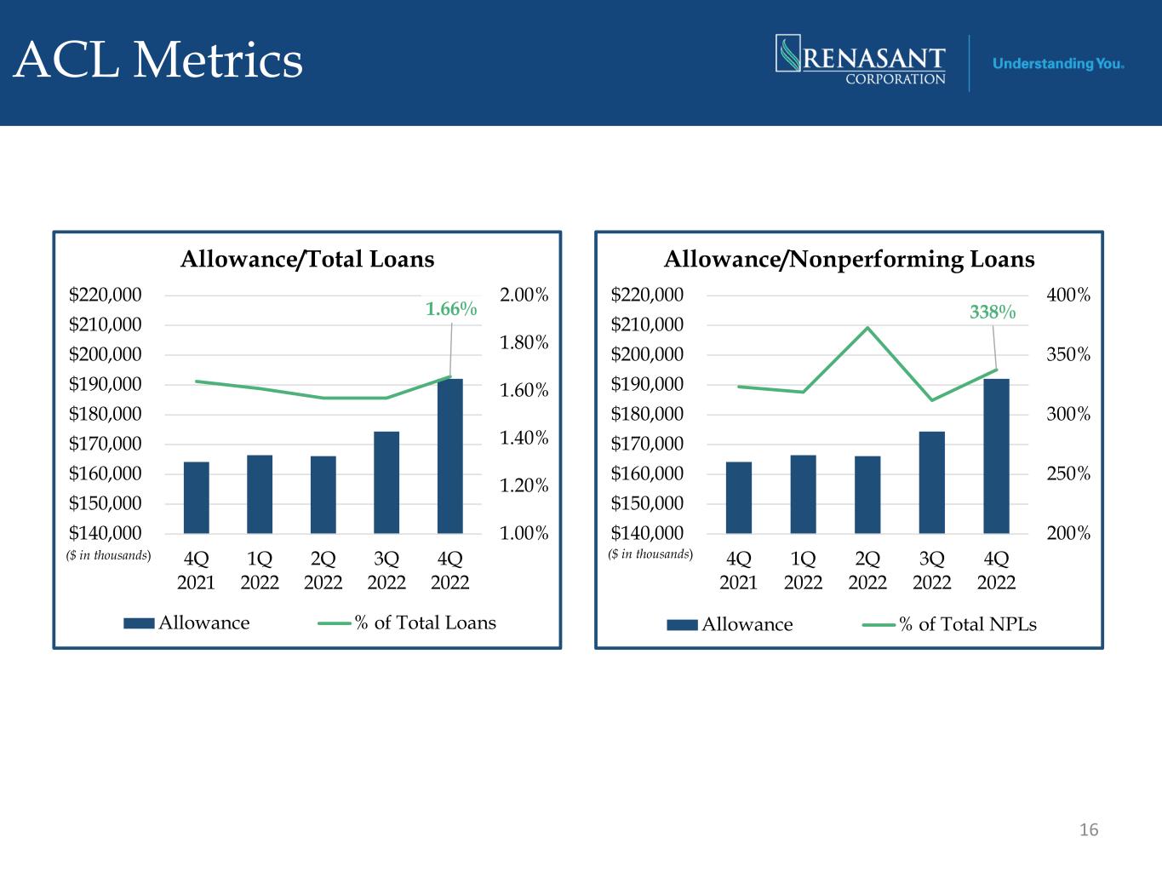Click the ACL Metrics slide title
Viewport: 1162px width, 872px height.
tap(157, 60)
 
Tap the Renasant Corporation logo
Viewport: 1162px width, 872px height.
tap(861, 60)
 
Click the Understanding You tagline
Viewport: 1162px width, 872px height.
tap(1058, 64)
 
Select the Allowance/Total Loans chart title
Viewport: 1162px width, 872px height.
tap(307, 260)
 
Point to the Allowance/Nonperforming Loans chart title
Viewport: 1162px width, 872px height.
tap(849, 260)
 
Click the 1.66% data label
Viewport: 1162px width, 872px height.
tap(451, 308)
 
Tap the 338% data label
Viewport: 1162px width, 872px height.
tap(993, 312)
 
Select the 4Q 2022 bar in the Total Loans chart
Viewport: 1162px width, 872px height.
tap(450, 456)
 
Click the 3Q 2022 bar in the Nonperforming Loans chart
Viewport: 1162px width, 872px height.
tap(931, 482)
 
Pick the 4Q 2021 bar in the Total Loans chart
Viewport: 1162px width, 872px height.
tap(197, 497)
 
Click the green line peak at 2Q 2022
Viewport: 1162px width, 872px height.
tap(867, 328)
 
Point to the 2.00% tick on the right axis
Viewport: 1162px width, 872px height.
tap(524, 295)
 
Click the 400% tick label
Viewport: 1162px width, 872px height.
tap(1068, 295)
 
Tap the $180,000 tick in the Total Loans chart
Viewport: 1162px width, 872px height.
tap(106, 414)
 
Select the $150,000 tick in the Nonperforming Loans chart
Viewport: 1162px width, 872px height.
tap(647, 503)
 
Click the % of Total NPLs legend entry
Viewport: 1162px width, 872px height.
tap(949, 625)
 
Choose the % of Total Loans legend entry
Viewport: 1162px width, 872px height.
tap(407, 623)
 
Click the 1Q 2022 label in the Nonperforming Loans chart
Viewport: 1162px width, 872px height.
tap(803, 571)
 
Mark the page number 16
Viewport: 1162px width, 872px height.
tap(1089, 829)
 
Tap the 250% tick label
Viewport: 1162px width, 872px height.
tap(1068, 473)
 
